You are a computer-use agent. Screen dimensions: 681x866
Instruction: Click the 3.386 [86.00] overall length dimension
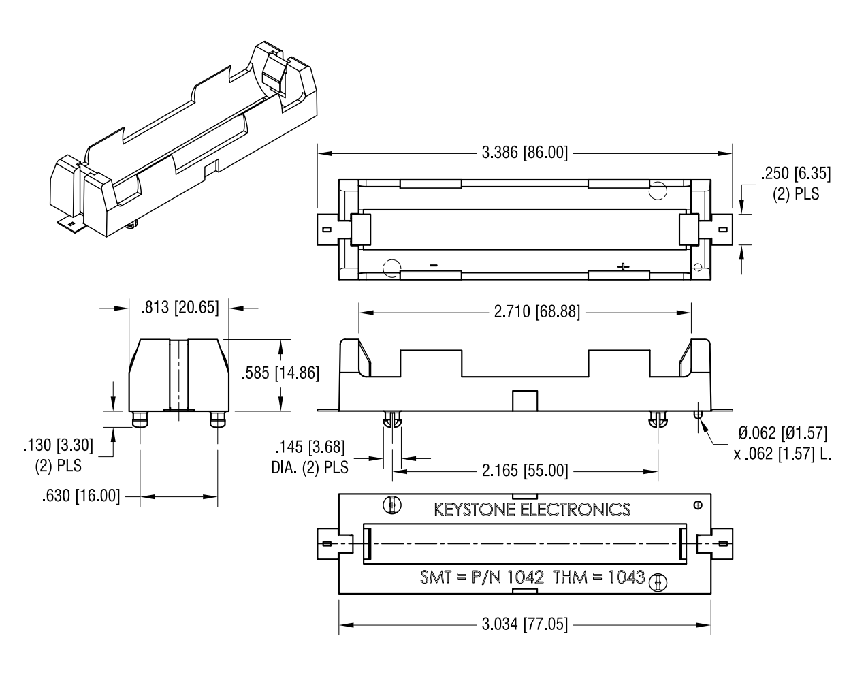coord(524,153)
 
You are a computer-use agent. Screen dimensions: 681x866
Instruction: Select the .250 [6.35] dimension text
coord(796,173)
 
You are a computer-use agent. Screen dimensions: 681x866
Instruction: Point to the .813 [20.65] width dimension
coord(180,308)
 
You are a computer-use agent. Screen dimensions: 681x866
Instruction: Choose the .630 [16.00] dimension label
coord(80,496)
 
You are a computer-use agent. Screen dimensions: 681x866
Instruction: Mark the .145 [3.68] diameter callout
coord(310,448)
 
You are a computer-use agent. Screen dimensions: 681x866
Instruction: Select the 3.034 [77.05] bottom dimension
coord(524,624)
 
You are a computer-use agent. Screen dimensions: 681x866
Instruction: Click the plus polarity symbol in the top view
coord(622,266)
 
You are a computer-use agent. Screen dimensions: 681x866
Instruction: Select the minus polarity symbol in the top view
coord(433,265)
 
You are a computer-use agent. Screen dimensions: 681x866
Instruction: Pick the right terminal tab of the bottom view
coord(721,543)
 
